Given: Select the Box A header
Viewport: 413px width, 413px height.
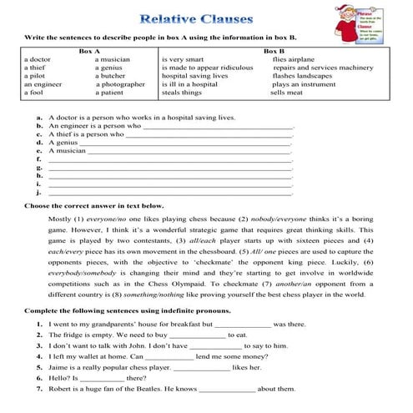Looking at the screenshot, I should coord(89,51).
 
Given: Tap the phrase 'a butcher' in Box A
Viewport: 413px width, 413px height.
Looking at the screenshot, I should coord(112,76).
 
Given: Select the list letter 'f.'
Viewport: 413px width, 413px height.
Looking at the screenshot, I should coord(39,159).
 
